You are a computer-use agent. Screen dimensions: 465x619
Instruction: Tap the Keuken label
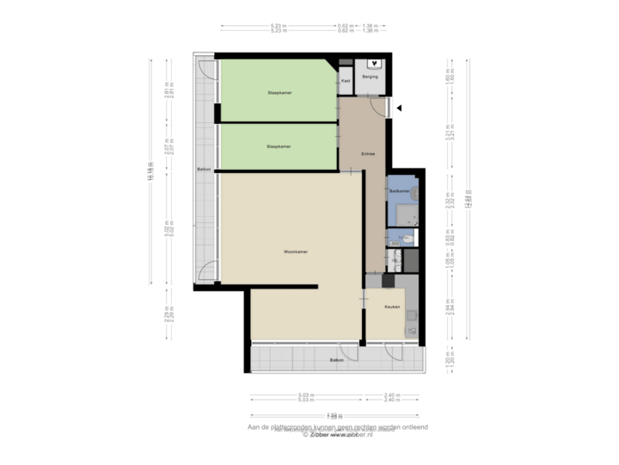coord(392,307)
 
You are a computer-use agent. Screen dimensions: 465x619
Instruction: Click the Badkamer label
coord(397,190)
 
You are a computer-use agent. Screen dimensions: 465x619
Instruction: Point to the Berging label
coord(371,77)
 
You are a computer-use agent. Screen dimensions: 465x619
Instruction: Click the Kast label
coord(346,81)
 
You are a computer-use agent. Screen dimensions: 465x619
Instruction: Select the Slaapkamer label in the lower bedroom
coord(279,146)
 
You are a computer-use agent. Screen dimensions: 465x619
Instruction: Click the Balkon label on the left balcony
coord(204,169)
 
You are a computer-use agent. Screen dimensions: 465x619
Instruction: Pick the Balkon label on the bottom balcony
coord(335,360)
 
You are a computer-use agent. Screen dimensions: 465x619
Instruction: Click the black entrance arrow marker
coord(399,108)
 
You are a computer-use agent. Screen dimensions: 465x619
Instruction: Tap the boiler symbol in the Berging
coord(377,64)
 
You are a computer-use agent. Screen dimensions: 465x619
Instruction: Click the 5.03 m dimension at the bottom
coord(307,395)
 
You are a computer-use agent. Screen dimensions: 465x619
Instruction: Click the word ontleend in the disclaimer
coord(413,427)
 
